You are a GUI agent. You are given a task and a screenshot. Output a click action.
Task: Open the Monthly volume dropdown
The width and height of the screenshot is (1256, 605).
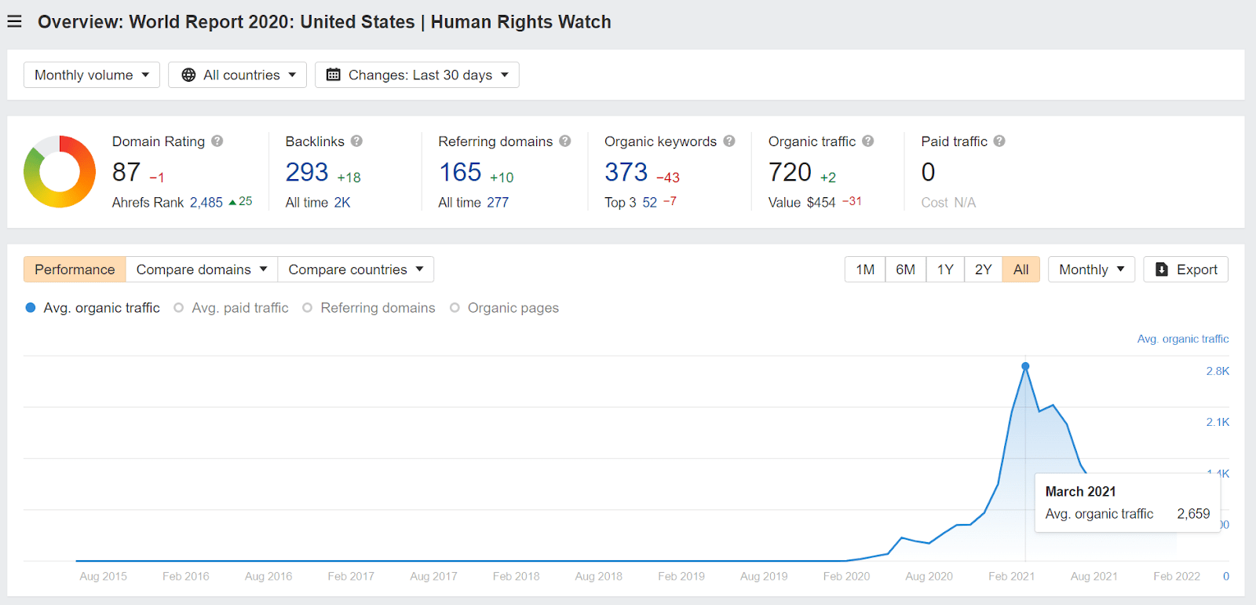[x=92, y=75]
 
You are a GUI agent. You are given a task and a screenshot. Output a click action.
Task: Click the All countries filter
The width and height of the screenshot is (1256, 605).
[x=237, y=75]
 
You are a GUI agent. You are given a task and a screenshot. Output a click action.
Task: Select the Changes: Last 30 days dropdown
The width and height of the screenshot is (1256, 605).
[x=417, y=75]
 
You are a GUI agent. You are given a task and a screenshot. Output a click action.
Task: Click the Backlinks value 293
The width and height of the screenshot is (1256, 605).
[x=307, y=172]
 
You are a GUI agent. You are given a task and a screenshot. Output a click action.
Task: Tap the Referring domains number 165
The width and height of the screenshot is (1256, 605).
[x=460, y=172]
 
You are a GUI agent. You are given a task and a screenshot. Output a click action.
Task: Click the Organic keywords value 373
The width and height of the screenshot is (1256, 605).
[x=626, y=172]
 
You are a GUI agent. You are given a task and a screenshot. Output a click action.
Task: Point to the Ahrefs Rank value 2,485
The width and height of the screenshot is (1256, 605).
[x=206, y=202]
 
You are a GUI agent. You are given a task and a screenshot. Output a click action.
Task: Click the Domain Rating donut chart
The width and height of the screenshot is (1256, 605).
[x=60, y=171]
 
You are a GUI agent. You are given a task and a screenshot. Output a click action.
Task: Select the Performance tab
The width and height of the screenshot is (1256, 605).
[x=75, y=269]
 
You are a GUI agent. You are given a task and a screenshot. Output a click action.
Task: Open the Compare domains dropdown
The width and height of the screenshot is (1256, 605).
[x=202, y=269]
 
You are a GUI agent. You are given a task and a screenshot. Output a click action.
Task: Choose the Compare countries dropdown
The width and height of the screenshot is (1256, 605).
[x=356, y=269]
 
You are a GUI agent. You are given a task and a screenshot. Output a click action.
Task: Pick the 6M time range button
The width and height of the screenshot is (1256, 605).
[x=905, y=269]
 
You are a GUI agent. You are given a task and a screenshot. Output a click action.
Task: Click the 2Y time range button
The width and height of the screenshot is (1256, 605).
[x=983, y=269]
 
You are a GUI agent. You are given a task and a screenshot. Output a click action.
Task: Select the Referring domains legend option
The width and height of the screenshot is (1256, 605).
[x=370, y=308]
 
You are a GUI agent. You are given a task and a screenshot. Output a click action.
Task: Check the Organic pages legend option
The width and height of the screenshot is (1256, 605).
[x=505, y=308]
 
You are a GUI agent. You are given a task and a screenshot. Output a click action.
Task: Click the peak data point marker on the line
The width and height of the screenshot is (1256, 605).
[x=1025, y=366]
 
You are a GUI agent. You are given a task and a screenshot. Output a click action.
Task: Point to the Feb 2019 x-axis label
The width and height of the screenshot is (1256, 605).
[x=681, y=576]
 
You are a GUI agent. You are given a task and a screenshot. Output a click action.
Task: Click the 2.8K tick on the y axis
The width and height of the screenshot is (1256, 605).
[x=1218, y=371]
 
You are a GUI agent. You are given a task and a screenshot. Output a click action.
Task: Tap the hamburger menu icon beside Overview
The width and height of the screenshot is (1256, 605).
[x=14, y=21]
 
